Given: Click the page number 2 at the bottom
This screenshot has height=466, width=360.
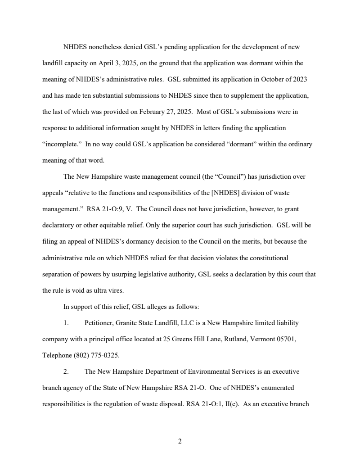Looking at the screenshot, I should click(180, 442).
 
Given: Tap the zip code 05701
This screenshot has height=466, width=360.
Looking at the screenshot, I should click(286, 339).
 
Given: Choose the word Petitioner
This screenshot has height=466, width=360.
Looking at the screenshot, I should click(99, 323).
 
